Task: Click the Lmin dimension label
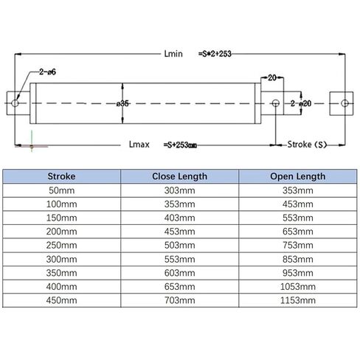[x=173, y=54]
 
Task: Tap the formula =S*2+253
[x=215, y=54]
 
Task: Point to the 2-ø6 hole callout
[x=47, y=72]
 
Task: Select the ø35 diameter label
[x=122, y=103]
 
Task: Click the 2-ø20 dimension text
[x=301, y=103]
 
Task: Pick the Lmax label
[x=139, y=145]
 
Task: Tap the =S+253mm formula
[x=180, y=145]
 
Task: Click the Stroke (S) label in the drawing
[x=307, y=145]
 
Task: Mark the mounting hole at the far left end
[x=15, y=103]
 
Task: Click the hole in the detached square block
[x=345, y=103]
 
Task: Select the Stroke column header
[x=61, y=176]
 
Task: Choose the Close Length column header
[x=179, y=176]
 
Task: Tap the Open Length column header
[x=298, y=176]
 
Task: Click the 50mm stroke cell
[x=61, y=190]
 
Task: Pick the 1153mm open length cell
[x=298, y=300]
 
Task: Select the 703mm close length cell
[x=180, y=300]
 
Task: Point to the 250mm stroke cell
[x=61, y=245]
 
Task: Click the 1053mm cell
[x=298, y=286]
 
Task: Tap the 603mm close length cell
[x=180, y=273]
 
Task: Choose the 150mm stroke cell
[x=61, y=218]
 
